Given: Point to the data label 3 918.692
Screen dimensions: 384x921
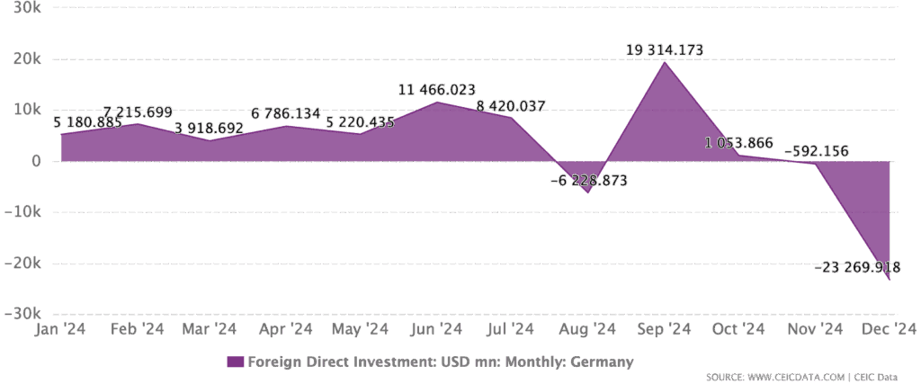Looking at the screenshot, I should (209, 128).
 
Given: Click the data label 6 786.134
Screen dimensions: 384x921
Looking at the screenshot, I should (286, 114).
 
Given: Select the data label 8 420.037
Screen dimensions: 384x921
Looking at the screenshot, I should (511, 106).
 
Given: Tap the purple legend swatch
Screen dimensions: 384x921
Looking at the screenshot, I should (235, 362).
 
